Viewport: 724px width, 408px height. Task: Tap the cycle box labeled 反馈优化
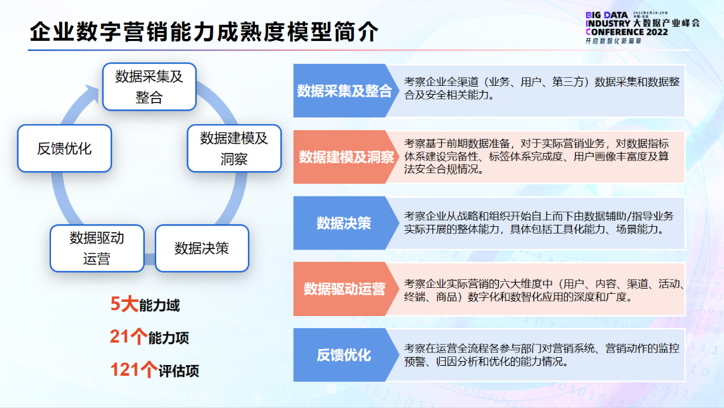click(x=64, y=148)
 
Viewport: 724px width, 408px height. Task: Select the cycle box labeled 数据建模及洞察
click(x=234, y=148)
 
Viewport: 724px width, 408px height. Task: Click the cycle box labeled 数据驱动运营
click(x=97, y=248)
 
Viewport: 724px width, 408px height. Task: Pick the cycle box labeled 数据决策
click(x=202, y=248)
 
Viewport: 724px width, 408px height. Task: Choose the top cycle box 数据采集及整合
click(x=149, y=87)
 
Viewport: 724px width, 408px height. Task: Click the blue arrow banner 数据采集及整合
click(x=344, y=91)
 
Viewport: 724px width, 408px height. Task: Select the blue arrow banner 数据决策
click(x=344, y=223)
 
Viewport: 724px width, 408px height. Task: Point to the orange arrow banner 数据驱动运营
click(x=344, y=289)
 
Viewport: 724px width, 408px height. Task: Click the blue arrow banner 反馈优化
click(x=344, y=355)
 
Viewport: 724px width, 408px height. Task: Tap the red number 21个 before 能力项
click(x=128, y=338)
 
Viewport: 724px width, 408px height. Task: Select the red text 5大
click(x=124, y=305)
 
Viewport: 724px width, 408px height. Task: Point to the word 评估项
click(x=179, y=371)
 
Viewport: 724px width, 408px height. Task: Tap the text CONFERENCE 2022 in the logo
click(x=626, y=32)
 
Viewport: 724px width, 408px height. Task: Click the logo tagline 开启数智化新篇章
click(x=613, y=42)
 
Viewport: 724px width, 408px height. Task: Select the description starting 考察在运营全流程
click(x=542, y=355)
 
